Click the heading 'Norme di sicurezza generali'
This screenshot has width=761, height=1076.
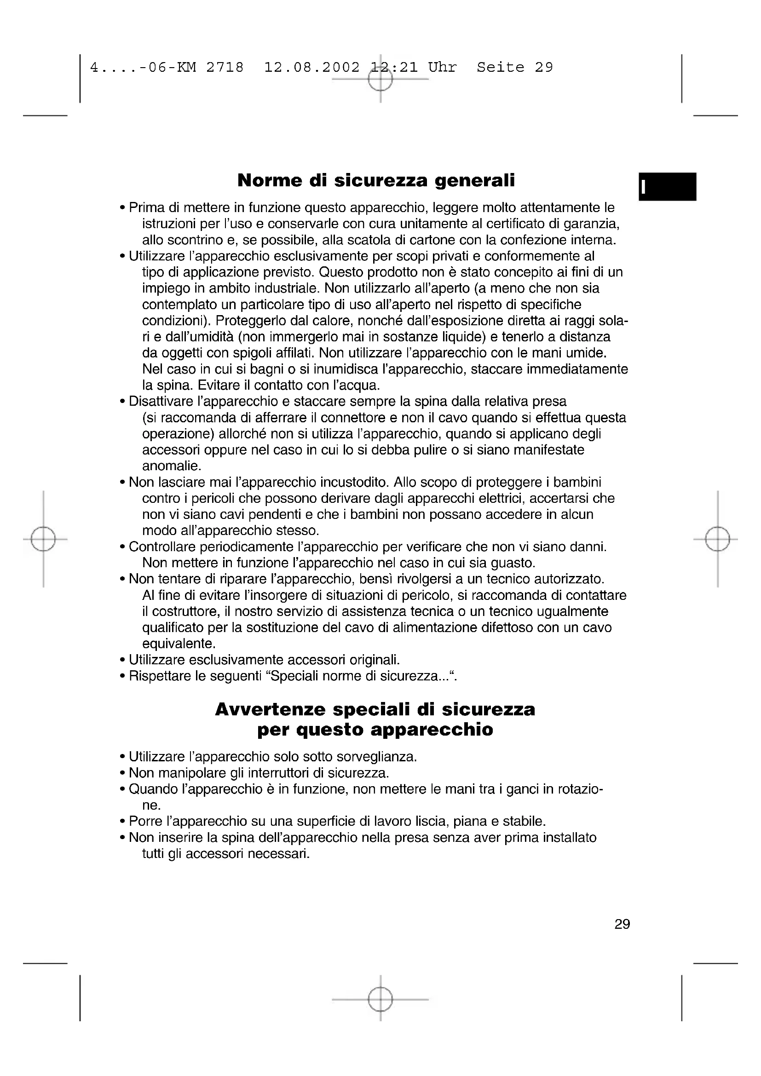(376, 180)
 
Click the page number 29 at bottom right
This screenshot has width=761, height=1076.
(622, 924)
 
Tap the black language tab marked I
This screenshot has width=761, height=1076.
(667, 186)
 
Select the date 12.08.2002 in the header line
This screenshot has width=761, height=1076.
(312, 68)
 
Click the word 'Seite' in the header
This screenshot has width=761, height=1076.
(501, 68)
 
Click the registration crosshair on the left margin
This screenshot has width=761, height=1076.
(43, 539)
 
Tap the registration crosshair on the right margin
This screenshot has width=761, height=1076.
(717, 539)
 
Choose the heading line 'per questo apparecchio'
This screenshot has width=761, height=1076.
(375, 730)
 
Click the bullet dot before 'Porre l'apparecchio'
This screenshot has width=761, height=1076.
(122, 822)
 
